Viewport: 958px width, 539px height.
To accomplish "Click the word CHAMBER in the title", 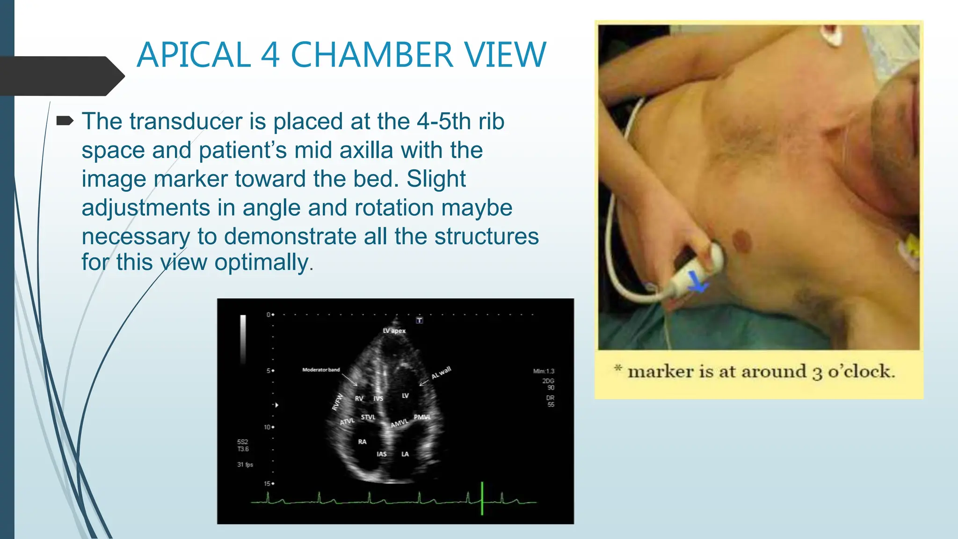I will (x=372, y=55).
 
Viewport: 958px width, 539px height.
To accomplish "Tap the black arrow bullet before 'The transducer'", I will (x=65, y=122).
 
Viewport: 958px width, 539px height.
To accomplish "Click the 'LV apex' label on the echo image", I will (x=394, y=331).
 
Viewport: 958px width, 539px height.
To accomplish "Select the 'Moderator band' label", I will (x=321, y=370).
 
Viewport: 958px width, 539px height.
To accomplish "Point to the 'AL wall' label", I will (x=441, y=372).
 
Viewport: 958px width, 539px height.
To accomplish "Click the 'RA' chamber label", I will (x=362, y=442).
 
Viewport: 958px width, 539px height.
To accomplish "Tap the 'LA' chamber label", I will (x=405, y=454).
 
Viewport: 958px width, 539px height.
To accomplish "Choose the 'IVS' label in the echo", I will (x=378, y=399).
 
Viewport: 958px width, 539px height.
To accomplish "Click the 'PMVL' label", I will (x=422, y=417).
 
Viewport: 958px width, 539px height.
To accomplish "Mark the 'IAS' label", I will (x=382, y=454).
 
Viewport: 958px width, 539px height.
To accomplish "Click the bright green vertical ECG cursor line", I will (x=482, y=499).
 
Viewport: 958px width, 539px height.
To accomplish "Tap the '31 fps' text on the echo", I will (x=245, y=465).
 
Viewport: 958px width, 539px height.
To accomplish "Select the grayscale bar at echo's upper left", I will (x=243, y=339).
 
